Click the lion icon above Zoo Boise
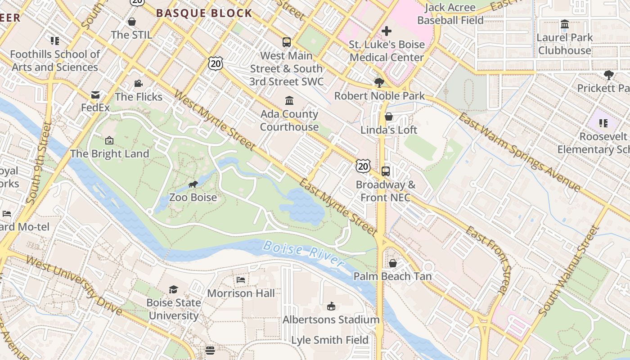pyautogui.click(x=193, y=184)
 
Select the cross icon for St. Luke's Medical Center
pyautogui.click(x=386, y=31)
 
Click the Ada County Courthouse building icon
pyautogui.click(x=289, y=100)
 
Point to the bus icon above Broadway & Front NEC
pyautogui.click(x=386, y=171)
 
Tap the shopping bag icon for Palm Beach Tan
pyautogui.click(x=393, y=263)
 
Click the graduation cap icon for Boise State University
pyautogui.click(x=173, y=289)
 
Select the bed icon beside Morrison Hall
pyautogui.click(x=241, y=280)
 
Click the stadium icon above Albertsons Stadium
pyautogui.click(x=331, y=306)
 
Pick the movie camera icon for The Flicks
pyautogui.click(x=138, y=83)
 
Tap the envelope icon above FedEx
pyautogui.click(x=95, y=94)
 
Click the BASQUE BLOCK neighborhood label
pyautogui.click(x=204, y=13)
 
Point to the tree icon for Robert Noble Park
pyautogui.click(x=379, y=82)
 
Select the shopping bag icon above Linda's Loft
pyautogui.click(x=389, y=117)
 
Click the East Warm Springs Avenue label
pyautogui.click(x=519, y=152)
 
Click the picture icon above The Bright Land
pyautogui.click(x=109, y=140)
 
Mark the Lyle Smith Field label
pyautogui.click(x=330, y=340)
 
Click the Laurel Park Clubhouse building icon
pyautogui.click(x=564, y=24)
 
